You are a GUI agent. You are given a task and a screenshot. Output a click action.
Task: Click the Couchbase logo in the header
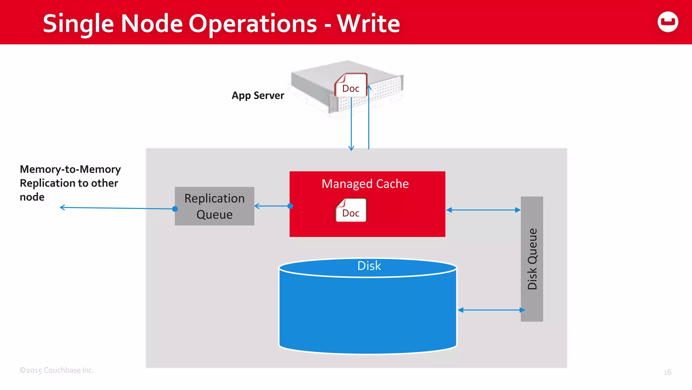[x=668, y=22]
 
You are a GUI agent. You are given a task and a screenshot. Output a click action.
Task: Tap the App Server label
[x=258, y=95]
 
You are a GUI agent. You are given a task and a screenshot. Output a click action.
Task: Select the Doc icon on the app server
[x=351, y=86]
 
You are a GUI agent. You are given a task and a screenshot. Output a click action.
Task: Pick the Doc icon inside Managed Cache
[x=351, y=211]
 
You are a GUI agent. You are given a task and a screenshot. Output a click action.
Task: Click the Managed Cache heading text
[x=365, y=184]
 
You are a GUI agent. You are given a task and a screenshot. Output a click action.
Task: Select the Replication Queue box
[x=214, y=206]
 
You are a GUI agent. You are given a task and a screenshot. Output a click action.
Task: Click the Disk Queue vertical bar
[x=532, y=259]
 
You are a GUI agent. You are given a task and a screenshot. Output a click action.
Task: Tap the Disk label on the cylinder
[x=369, y=266]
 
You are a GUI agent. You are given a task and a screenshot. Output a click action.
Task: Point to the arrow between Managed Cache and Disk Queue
[x=483, y=210]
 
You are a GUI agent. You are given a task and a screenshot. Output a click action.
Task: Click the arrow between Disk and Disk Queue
[x=491, y=310]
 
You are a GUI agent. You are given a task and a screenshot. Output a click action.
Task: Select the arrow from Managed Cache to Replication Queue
[x=272, y=206]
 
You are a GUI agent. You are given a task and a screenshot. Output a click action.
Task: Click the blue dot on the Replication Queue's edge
[x=175, y=209]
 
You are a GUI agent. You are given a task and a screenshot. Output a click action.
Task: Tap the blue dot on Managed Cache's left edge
[x=290, y=206]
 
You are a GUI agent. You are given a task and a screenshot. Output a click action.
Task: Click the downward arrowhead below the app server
[x=351, y=148]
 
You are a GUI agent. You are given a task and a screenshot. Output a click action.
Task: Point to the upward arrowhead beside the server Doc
[x=369, y=87]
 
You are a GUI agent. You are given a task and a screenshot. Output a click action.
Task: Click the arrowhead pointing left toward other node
[x=62, y=207]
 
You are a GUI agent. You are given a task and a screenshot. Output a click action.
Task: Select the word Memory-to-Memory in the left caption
[x=70, y=169]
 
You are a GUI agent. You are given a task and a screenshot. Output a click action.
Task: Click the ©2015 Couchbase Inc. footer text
[x=57, y=370]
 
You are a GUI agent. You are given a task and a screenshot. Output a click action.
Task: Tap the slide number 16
[x=667, y=372]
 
